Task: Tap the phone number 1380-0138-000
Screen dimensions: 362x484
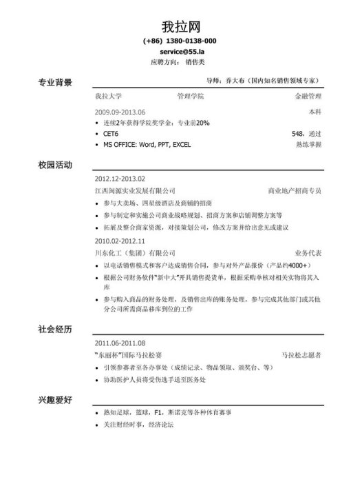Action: [189, 41]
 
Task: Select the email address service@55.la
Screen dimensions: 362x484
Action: [180, 52]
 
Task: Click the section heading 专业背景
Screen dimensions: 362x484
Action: [54, 83]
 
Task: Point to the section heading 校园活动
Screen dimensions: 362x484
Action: [54, 166]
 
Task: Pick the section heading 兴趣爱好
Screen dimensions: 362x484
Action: [54, 399]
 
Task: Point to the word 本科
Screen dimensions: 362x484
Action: [315, 111]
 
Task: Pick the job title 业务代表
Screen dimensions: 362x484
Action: [307, 253]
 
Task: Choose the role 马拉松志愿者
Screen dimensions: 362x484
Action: [301, 354]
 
